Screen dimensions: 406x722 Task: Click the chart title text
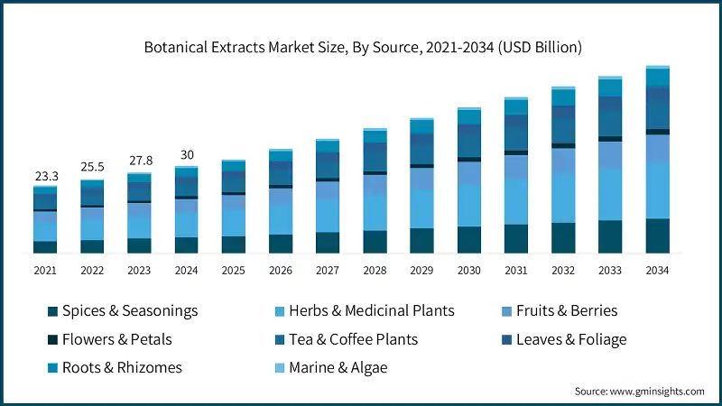coord(361,45)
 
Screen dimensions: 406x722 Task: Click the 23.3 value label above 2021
coord(45,177)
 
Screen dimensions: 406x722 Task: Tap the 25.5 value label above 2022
coord(92,168)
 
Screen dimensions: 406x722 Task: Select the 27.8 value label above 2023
coord(139,161)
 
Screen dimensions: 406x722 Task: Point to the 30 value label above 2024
coord(186,154)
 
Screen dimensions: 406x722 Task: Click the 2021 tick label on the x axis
coord(45,270)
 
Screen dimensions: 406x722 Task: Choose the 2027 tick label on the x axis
coord(327,270)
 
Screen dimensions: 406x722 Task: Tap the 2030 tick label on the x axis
coord(468,270)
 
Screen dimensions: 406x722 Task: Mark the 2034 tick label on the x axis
coord(657,270)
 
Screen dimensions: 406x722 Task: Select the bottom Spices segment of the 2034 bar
coord(657,235)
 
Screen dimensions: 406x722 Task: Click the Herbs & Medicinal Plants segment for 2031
coord(515,201)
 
